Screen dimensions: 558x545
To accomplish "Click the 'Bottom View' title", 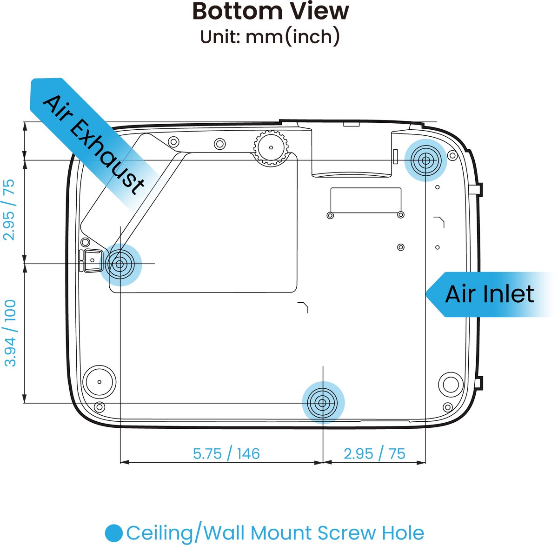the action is pos(271,12).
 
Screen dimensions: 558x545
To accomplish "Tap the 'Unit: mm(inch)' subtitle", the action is pos(270,37).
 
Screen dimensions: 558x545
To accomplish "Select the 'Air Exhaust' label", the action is pos(93,144).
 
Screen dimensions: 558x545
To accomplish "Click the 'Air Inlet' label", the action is pos(489,294).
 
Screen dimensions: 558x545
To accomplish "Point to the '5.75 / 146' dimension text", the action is pos(226,454).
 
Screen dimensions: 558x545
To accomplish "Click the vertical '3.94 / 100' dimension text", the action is pos(10,333).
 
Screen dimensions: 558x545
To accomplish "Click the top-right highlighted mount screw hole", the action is pos(425,160).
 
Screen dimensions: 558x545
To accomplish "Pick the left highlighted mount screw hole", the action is pos(120,264).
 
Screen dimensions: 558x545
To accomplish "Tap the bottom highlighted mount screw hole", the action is pos(323,403).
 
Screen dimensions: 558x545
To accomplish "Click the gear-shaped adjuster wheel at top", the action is pos(271,148).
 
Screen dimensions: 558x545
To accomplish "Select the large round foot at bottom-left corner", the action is pos(99,382).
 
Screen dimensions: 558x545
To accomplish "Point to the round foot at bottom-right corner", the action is pos(451,384).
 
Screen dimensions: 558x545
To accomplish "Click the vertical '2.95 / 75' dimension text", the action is pos(9,210).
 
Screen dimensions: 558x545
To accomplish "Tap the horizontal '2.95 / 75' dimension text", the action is pos(374,454).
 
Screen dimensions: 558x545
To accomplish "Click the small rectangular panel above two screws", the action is pos(365,200).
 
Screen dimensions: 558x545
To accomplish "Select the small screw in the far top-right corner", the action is pos(452,156).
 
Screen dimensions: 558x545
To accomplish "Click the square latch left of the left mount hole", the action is pos(93,260).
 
